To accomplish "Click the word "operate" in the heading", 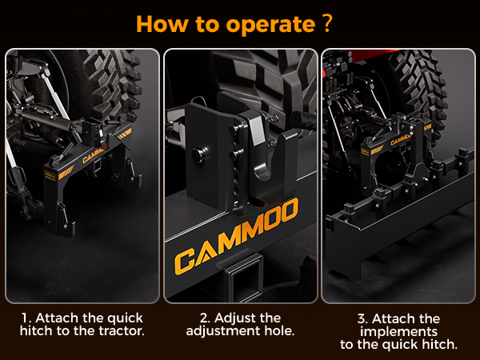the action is (x=270, y=25).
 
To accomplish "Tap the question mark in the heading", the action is (x=327, y=23).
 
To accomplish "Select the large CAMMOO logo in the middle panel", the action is (x=236, y=237).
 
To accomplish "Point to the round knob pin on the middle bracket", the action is (x=199, y=154).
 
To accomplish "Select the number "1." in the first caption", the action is (x=26, y=318).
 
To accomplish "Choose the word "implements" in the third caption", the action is (x=398, y=332).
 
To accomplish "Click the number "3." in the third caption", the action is (x=363, y=319).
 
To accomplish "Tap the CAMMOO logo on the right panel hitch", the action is (x=401, y=140).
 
